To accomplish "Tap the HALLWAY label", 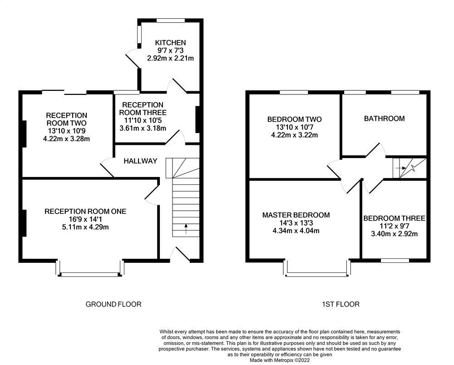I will pos(140,161).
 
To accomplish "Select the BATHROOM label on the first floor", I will pos(384,118).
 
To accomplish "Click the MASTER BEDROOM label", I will pos(296,215).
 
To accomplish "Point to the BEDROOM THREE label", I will pos(394,218).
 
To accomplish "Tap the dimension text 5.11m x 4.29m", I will pos(85,227).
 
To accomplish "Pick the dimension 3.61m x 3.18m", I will pos(143,128).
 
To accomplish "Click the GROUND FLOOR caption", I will pos(113,304).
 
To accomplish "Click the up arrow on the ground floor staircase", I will pos(186,228).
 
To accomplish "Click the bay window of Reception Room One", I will pos(89,274).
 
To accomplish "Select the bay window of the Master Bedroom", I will pos(317,274).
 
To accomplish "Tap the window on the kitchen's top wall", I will pos(171,20).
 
